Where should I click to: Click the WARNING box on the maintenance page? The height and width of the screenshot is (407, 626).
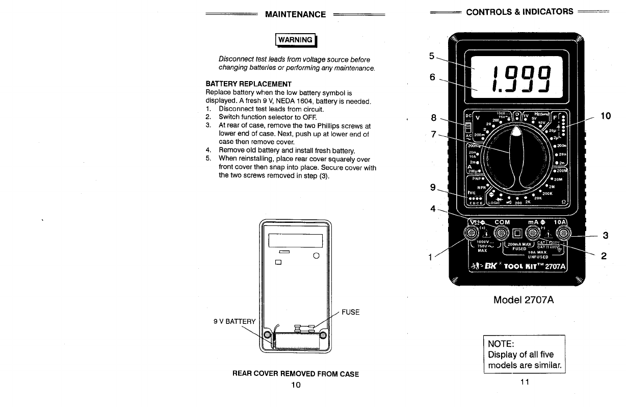pyautogui.click(x=295, y=40)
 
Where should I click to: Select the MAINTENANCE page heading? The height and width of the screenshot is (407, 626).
pyautogui.click(x=295, y=14)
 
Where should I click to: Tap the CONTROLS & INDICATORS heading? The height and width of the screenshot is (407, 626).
pyautogui.click(x=519, y=12)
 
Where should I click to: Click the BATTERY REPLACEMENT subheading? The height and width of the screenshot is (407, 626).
pyautogui.click(x=248, y=84)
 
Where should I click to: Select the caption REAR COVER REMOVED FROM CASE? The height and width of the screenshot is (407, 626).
pyautogui.click(x=296, y=374)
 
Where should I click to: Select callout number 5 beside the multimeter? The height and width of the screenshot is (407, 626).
pyautogui.click(x=432, y=57)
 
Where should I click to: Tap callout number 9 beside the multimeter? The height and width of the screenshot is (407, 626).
pyautogui.click(x=433, y=188)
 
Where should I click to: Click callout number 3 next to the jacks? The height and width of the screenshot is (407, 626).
pyautogui.click(x=605, y=235)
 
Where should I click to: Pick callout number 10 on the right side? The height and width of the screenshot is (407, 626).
pyautogui.click(x=606, y=116)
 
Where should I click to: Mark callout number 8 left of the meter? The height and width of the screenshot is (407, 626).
pyautogui.click(x=433, y=118)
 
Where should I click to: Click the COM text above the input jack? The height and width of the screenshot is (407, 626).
pyautogui.click(x=502, y=222)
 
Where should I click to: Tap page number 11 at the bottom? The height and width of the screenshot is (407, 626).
pyautogui.click(x=525, y=383)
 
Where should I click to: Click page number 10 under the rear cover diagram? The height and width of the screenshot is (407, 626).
pyautogui.click(x=296, y=385)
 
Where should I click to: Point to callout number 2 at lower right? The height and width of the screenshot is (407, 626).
pyautogui.click(x=604, y=256)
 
